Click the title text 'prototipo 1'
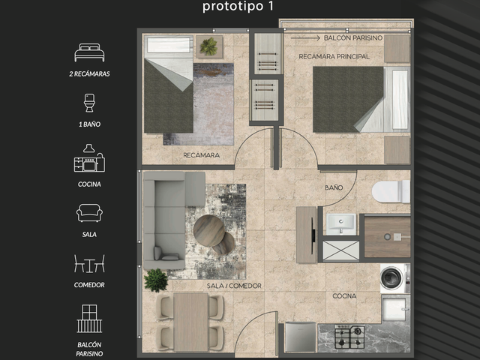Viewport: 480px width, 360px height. tap(238, 6)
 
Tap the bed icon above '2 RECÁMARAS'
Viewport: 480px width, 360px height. tap(89, 52)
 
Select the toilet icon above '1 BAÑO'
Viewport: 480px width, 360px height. tap(89, 103)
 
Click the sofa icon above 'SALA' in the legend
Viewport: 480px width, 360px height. tap(89, 213)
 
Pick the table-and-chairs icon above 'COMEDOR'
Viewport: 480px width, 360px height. tap(89, 263)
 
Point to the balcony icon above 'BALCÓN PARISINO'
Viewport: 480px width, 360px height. tap(89, 318)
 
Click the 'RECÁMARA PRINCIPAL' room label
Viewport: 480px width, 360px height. tap(334, 56)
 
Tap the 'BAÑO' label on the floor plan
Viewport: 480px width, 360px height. tap(334, 187)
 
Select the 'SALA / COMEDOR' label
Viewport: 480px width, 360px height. tap(234, 286)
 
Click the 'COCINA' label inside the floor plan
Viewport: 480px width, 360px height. tap(344, 295)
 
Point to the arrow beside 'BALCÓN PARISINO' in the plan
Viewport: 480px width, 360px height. tap(305, 38)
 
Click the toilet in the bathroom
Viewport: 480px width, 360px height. tap(391, 192)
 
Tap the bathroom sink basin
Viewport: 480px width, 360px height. tap(341, 224)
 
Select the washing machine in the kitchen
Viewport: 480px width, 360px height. tap(394, 278)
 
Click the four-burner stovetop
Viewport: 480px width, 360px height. tap(349, 337)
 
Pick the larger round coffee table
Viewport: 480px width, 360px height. tap(209, 230)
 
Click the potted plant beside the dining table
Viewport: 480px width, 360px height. tap(156, 280)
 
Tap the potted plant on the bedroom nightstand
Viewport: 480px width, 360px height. tap(208, 46)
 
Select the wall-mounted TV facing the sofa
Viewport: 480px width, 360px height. tap(313, 235)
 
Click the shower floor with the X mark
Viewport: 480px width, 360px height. tap(341, 250)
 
